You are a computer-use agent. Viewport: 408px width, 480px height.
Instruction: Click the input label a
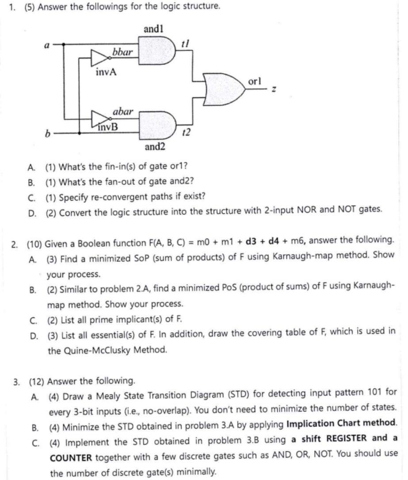(x=46, y=44)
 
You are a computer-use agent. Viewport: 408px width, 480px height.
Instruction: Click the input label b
(x=46, y=132)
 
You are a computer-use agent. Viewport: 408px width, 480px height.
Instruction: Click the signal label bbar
(x=122, y=52)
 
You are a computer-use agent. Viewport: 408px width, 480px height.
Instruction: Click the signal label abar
(x=123, y=112)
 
